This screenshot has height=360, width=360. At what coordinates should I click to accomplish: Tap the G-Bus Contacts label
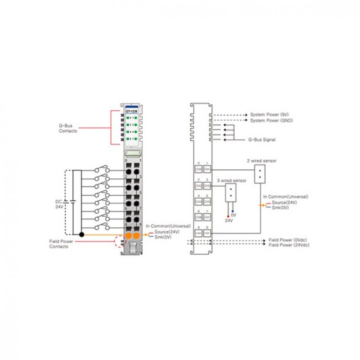point(67,128)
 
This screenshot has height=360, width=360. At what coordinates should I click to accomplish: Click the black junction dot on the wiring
point(81,234)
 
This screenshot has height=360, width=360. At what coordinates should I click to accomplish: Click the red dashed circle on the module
point(120,242)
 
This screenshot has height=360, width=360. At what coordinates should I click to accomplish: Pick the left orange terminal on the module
point(128,235)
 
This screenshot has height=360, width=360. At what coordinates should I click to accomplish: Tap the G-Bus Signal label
point(262,140)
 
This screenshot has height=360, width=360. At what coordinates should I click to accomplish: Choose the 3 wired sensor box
point(230,193)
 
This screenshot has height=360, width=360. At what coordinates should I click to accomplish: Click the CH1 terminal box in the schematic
point(207,169)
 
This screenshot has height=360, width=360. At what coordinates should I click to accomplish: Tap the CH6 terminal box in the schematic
point(198,217)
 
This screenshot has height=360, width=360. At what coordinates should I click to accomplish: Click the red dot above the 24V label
point(228,216)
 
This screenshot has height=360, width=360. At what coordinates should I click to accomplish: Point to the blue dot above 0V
point(233,211)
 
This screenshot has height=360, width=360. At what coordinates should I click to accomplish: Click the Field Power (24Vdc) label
point(289,245)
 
